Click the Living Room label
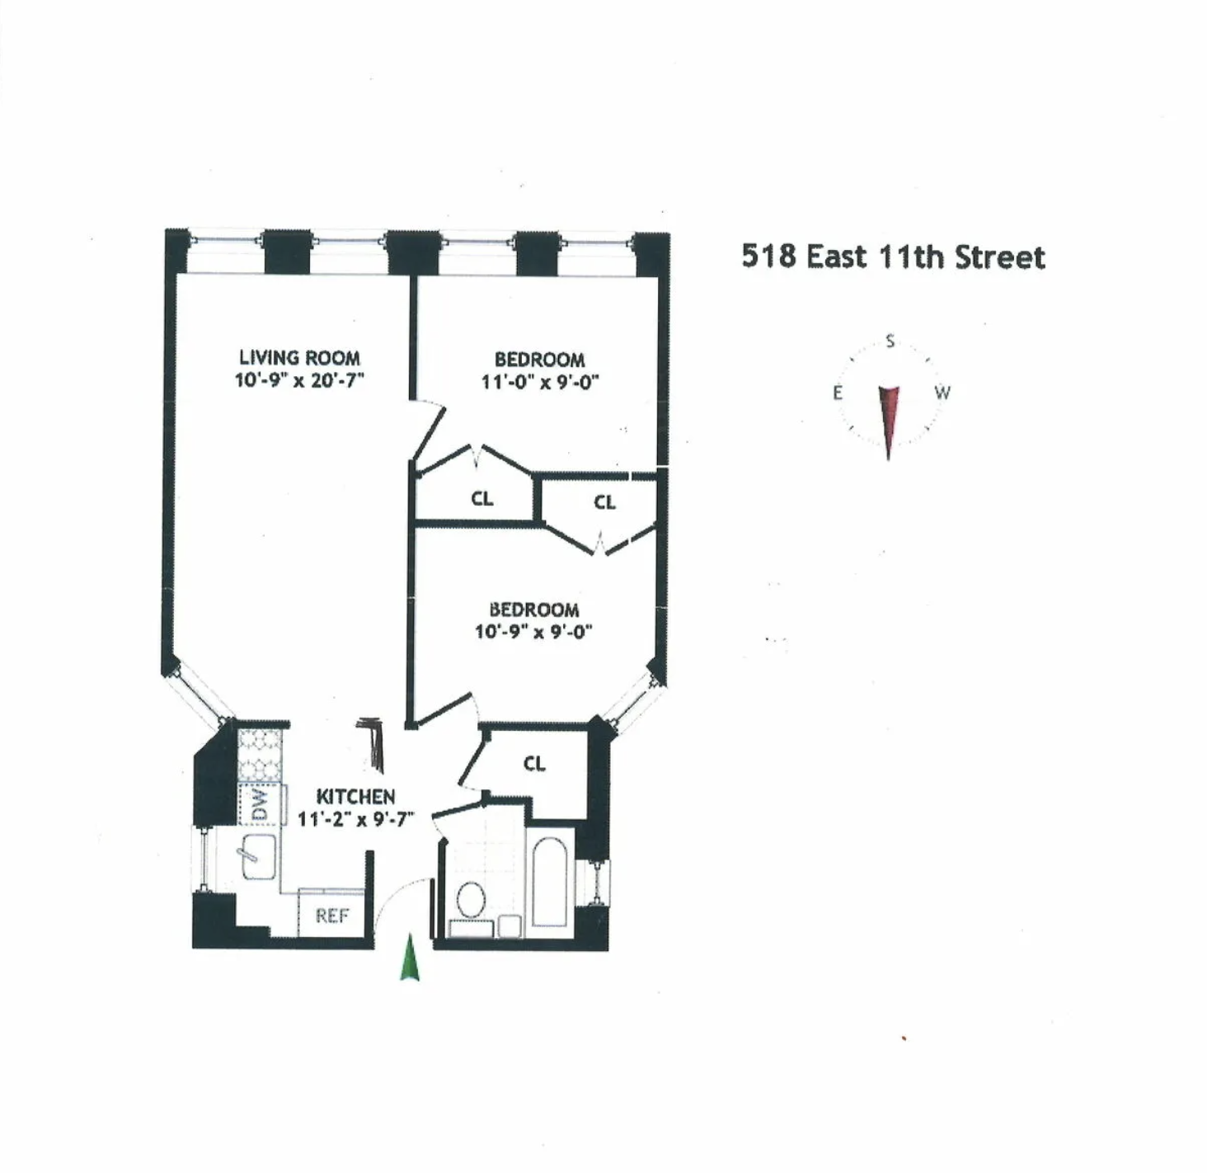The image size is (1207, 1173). [299, 358]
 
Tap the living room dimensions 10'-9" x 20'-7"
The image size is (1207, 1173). [299, 380]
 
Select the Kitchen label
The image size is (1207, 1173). [355, 796]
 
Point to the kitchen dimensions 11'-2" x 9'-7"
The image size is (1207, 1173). [355, 819]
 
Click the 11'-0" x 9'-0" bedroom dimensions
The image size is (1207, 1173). [540, 382]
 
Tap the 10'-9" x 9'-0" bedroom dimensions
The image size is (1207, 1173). [534, 632]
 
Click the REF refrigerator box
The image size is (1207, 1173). [331, 916]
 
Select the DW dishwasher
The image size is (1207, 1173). [260, 804]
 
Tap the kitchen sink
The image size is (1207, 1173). [258, 856]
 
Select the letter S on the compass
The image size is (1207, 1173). [890, 341]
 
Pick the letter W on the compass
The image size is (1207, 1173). [942, 393]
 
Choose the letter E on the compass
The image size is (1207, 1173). [838, 393]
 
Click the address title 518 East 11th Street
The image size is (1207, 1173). [893, 257]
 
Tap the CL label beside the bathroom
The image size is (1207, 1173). [534, 764]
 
